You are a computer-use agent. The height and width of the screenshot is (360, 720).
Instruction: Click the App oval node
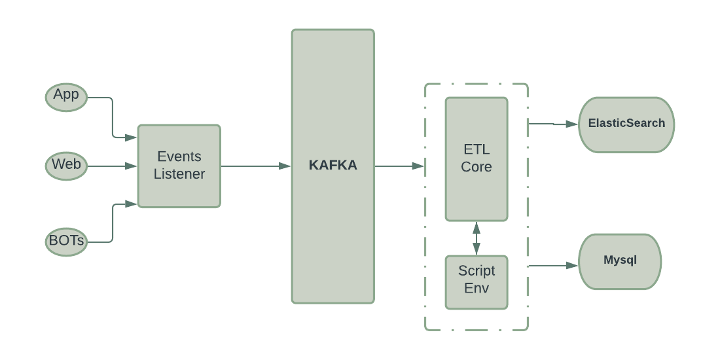tap(66, 97)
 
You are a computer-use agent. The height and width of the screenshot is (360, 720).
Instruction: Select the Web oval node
tap(66, 166)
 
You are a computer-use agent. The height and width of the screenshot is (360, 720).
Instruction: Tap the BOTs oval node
tap(66, 242)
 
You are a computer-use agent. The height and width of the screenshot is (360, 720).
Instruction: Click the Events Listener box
tap(179, 166)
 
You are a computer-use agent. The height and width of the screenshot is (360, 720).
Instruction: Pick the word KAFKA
tap(333, 166)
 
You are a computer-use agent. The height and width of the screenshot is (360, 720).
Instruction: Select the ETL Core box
tap(476, 159)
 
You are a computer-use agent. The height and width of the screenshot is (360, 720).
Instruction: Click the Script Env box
tap(476, 281)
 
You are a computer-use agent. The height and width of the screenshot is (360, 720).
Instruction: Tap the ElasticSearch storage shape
tap(626, 124)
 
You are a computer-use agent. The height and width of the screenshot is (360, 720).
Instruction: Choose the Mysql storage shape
tap(620, 261)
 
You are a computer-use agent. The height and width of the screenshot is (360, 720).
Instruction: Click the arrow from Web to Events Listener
tap(111, 166)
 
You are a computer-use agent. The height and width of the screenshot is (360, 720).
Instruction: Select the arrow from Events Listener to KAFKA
tap(255, 166)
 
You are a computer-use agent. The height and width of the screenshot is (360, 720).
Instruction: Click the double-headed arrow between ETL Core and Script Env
tap(477, 238)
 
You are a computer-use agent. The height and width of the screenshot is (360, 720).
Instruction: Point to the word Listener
tap(179, 175)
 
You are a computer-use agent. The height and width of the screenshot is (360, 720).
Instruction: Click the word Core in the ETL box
tap(476, 168)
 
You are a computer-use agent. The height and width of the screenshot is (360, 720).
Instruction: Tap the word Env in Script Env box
tap(476, 289)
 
